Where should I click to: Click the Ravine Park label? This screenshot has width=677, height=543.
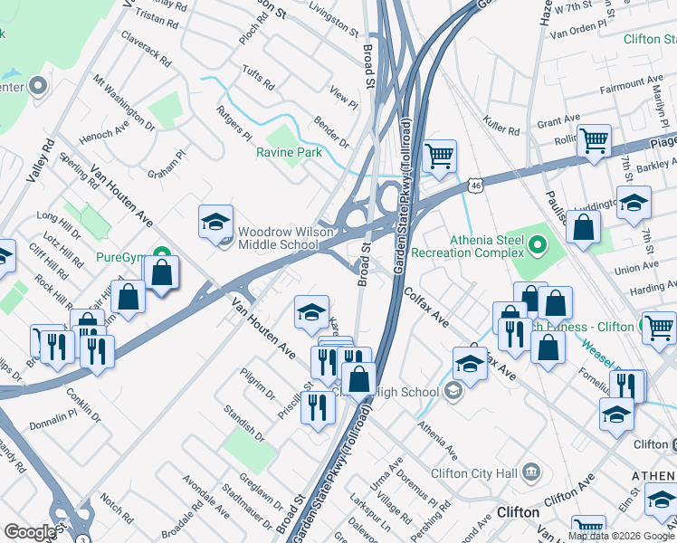(x=289, y=153)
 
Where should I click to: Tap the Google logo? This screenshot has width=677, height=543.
(x=30, y=532)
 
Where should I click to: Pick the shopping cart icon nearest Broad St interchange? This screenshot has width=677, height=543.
(x=440, y=156)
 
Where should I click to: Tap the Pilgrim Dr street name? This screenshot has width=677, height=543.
(x=258, y=383)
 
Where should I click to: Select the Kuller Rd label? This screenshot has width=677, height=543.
(x=501, y=126)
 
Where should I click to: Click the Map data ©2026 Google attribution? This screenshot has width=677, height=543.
(x=621, y=536)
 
